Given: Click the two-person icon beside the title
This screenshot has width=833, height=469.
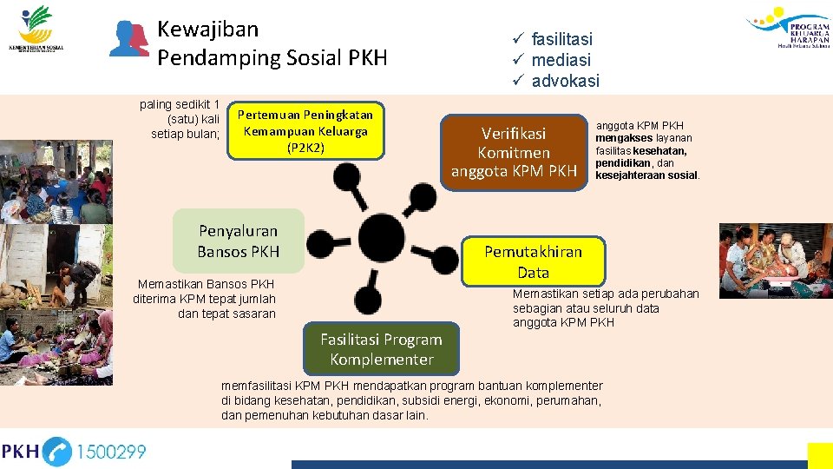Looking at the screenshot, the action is click(x=129, y=39).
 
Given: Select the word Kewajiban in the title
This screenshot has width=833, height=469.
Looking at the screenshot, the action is click(x=207, y=29).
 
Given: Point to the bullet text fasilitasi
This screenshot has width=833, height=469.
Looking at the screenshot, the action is click(x=561, y=39).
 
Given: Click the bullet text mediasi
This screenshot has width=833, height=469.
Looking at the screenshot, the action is click(x=561, y=60).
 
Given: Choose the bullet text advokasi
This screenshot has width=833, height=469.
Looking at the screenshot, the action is click(x=565, y=81).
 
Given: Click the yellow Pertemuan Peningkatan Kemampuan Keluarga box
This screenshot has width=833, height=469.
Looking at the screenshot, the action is click(x=305, y=131).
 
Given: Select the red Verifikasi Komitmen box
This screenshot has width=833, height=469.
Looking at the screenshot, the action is click(x=514, y=153).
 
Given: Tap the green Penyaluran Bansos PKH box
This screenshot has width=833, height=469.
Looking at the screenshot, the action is click(x=239, y=241).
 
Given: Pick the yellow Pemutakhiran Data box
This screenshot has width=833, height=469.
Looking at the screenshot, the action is click(x=533, y=261).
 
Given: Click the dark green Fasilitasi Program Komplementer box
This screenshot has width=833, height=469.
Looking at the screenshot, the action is click(x=381, y=349).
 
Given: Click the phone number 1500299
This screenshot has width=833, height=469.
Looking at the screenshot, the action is click(x=111, y=452).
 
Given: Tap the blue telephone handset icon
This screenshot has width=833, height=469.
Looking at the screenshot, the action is click(x=57, y=452).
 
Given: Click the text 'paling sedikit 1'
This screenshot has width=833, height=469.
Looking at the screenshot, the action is click(x=180, y=105).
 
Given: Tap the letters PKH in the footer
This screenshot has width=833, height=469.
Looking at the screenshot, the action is click(x=20, y=452).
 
